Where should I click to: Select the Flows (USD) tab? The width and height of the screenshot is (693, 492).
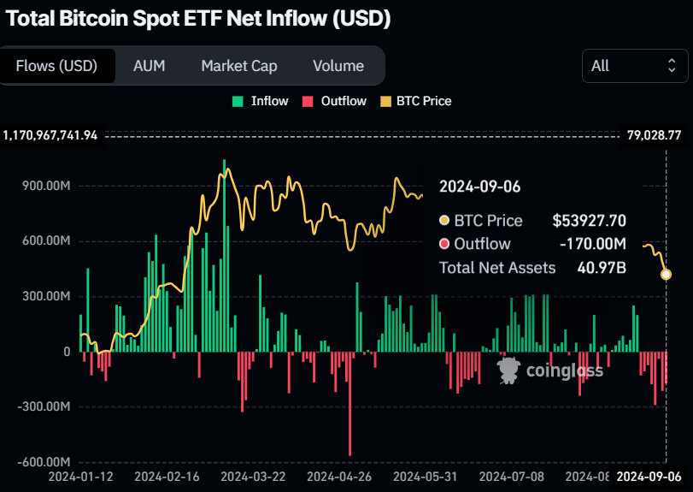tap(57, 66)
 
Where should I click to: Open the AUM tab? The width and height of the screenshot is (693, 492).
tap(149, 66)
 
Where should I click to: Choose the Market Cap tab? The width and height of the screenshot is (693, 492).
tap(239, 66)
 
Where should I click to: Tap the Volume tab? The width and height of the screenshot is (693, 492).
tap(338, 66)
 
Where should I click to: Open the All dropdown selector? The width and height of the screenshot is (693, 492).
tap(634, 66)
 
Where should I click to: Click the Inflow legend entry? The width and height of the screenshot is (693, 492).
tap(261, 101)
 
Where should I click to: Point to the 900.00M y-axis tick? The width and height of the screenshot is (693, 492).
tap(46, 186)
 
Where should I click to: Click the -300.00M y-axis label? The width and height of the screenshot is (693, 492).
tap(44, 406)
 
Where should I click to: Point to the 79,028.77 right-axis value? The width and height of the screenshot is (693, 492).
tap(654, 135)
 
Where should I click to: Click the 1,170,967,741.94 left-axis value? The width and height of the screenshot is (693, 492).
tap(50, 135)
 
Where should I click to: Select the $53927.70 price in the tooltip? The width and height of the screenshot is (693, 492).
tap(589, 221)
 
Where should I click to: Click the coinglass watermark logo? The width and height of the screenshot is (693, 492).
tap(551, 370)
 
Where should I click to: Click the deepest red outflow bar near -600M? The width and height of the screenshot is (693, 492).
tap(349, 411)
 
